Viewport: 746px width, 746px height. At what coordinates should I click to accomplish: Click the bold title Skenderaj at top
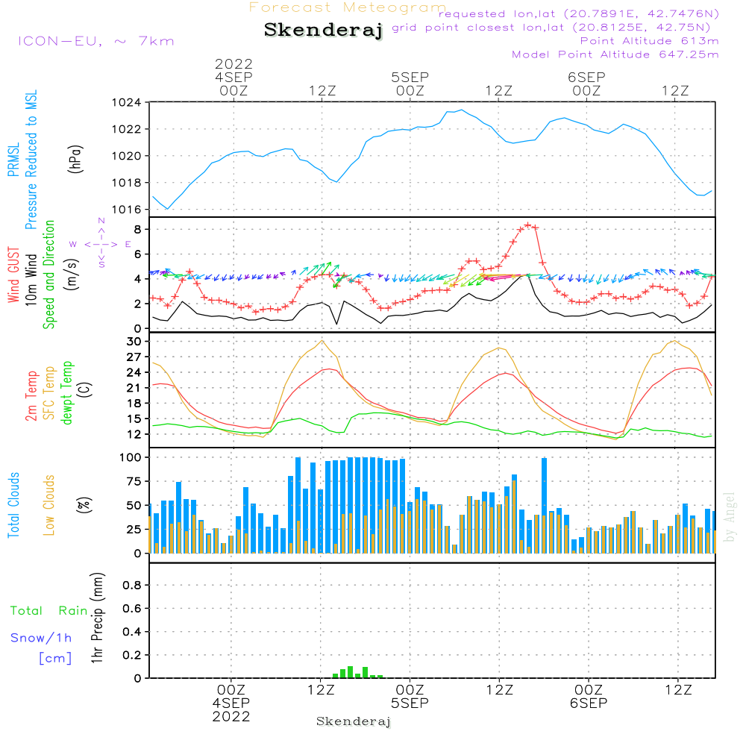(323, 31)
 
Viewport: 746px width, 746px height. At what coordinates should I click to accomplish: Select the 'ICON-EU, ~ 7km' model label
(95, 41)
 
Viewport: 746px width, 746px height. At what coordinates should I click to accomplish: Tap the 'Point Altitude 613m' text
(649, 41)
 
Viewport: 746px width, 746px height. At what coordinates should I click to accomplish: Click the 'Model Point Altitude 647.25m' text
(615, 54)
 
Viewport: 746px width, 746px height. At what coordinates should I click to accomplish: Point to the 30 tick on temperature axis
(134, 342)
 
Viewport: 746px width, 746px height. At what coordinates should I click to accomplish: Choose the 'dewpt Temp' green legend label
(68, 393)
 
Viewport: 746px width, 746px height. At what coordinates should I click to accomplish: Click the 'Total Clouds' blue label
(13, 505)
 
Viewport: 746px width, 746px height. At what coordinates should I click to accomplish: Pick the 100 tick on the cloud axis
(131, 457)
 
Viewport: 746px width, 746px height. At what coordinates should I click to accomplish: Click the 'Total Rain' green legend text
(48, 611)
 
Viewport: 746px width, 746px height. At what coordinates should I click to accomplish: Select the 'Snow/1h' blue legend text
(41, 638)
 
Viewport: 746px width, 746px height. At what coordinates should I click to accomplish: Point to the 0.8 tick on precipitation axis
(131, 586)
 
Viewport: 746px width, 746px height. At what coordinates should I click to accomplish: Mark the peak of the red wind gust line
(527, 225)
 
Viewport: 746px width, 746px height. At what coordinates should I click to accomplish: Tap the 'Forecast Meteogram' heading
(348, 7)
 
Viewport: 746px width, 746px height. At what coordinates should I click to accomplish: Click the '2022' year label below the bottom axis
(232, 717)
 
